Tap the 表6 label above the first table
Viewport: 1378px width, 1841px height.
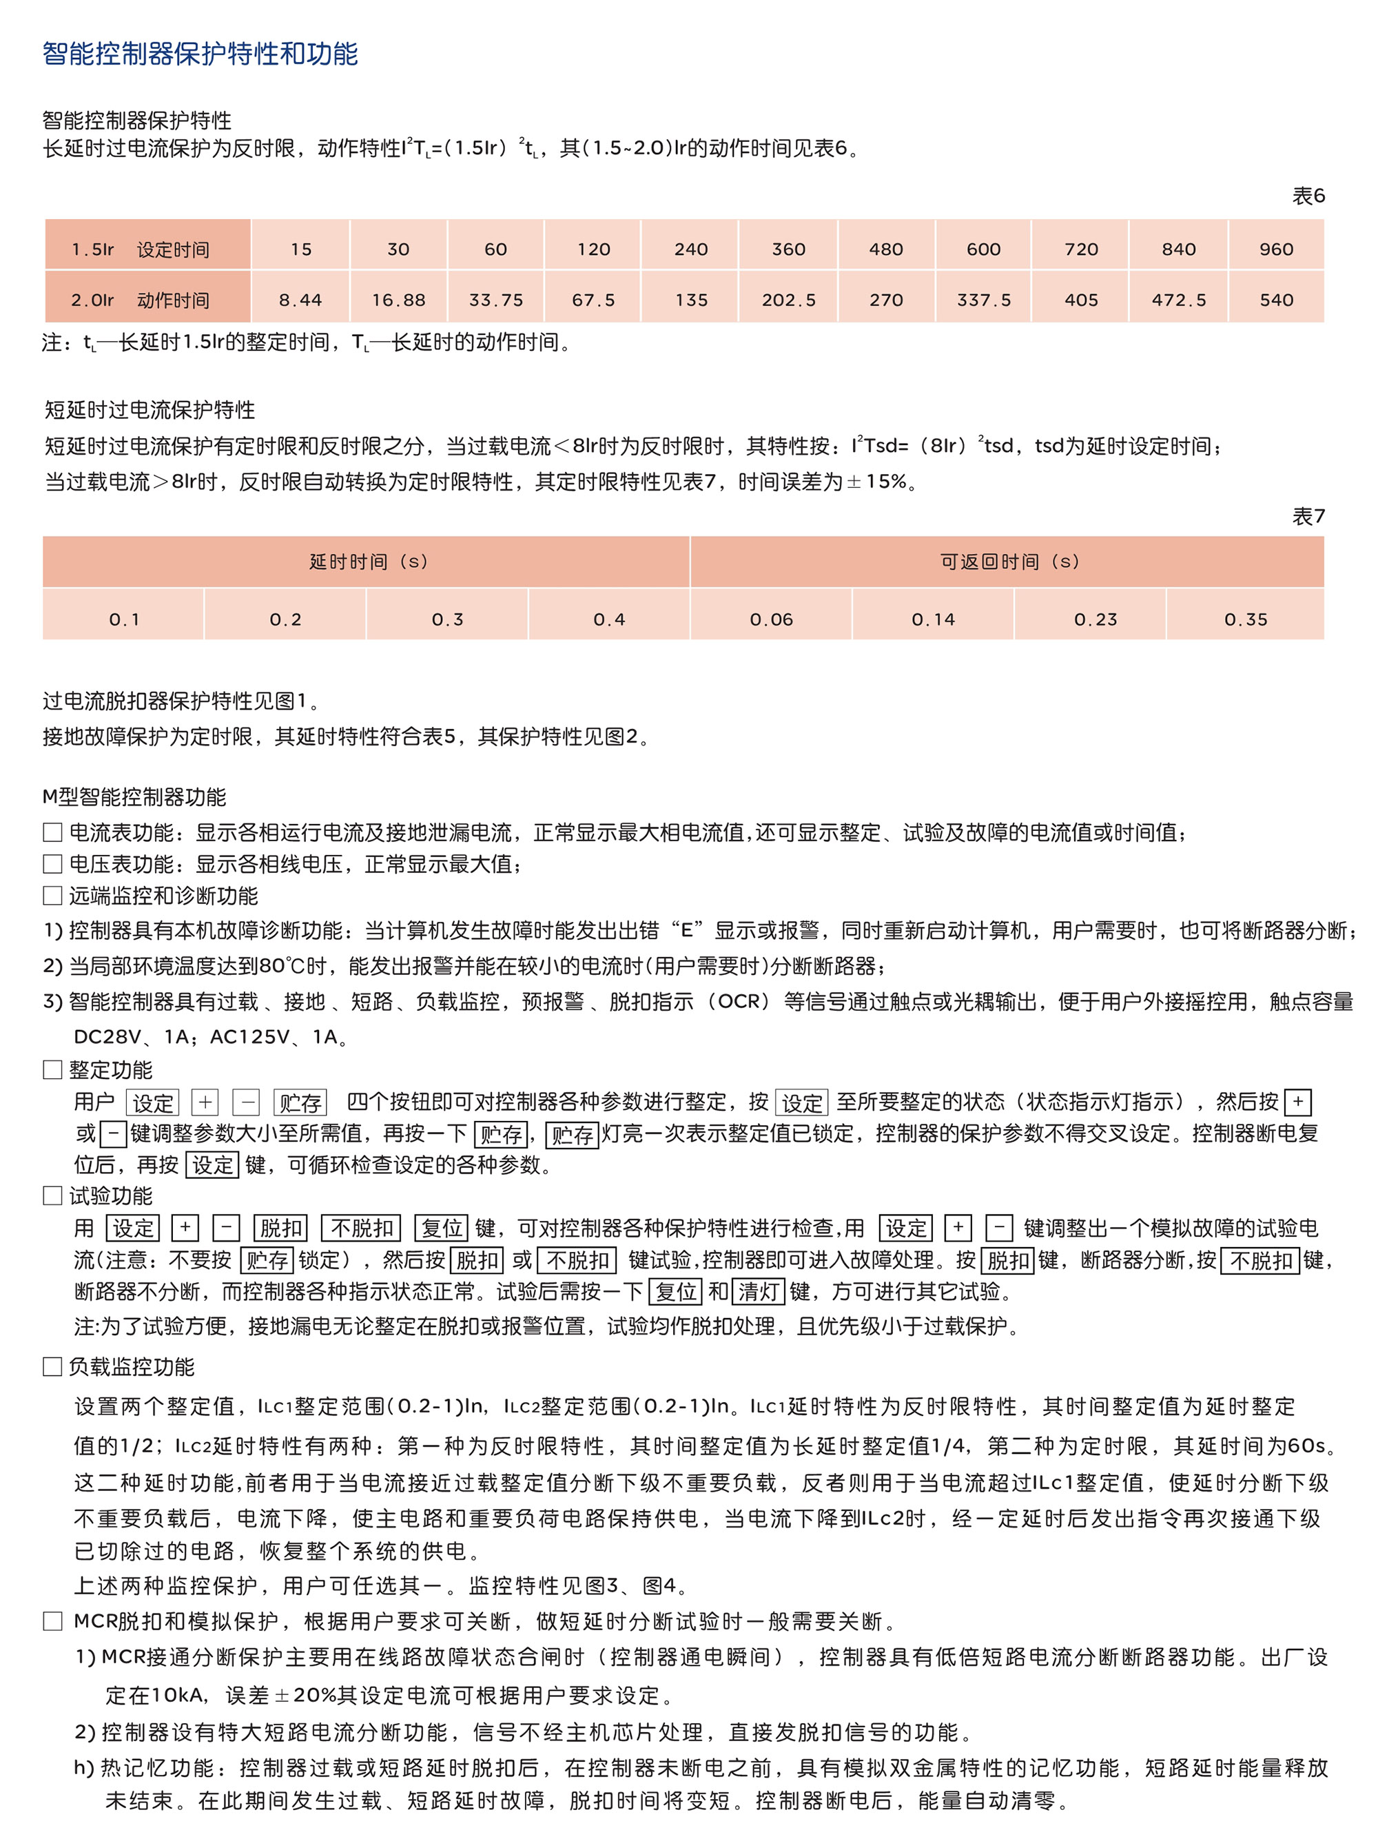(1307, 196)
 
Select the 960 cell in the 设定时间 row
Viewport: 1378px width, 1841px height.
(1275, 249)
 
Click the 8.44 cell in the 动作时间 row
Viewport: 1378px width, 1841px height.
(300, 300)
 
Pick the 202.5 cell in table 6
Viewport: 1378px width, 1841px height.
(788, 300)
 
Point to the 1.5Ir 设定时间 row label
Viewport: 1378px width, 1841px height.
(140, 249)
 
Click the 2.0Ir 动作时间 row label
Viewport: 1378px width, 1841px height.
(140, 300)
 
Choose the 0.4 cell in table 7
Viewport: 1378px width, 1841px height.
(609, 619)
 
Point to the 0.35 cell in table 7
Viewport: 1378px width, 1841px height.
(1245, 619)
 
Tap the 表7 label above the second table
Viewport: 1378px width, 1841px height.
(1307, 517)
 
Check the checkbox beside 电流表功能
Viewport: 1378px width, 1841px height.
(52, 832)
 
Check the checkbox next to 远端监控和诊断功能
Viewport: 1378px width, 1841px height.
(52, 896)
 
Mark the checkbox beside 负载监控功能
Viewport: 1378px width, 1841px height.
(52, 1366)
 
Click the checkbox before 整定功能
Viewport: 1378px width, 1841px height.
(52, 1069)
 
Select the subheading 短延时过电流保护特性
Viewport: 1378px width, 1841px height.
(150, 409)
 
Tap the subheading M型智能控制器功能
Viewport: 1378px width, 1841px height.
(134, 797)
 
